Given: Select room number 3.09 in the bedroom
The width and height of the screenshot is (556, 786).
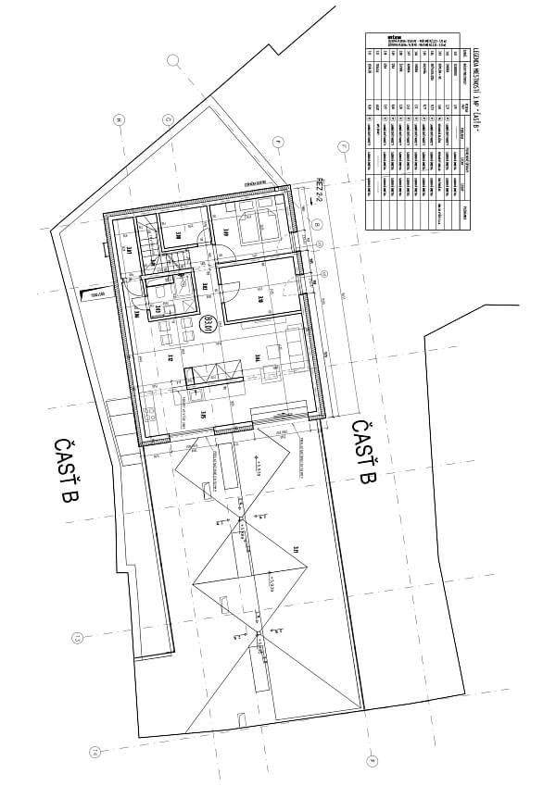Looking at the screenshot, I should coord(225,231).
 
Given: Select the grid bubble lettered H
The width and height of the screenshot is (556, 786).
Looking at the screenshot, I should coord(119,119).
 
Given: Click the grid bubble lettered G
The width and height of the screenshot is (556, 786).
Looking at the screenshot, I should coord(169,119).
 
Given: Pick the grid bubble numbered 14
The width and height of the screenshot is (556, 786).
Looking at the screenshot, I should coord(93,752).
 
